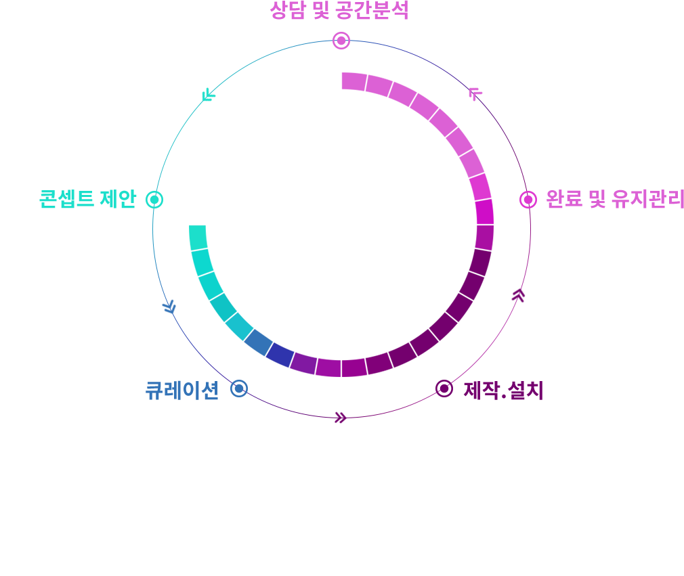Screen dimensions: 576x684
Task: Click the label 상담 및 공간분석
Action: point(339,11)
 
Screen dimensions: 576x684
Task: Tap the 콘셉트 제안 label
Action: point(88,199)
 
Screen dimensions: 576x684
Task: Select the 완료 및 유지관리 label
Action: point(614,199)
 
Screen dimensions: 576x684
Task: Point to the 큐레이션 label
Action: point(182,390)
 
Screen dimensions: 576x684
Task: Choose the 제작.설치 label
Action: point(503,391)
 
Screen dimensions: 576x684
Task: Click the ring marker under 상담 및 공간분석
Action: point(341,41)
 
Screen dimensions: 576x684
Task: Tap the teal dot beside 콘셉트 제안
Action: point(154,199)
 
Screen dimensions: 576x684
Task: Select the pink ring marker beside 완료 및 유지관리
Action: point(528,200)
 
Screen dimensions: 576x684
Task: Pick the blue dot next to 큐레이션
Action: point(239,389)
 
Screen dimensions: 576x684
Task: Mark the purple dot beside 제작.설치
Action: point(444,388)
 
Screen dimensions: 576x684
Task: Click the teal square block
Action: point(196,105)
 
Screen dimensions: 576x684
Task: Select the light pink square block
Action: point(479,102)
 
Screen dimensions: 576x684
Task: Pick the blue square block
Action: point(174,309)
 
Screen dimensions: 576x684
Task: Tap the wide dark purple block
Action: point(328,410)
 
